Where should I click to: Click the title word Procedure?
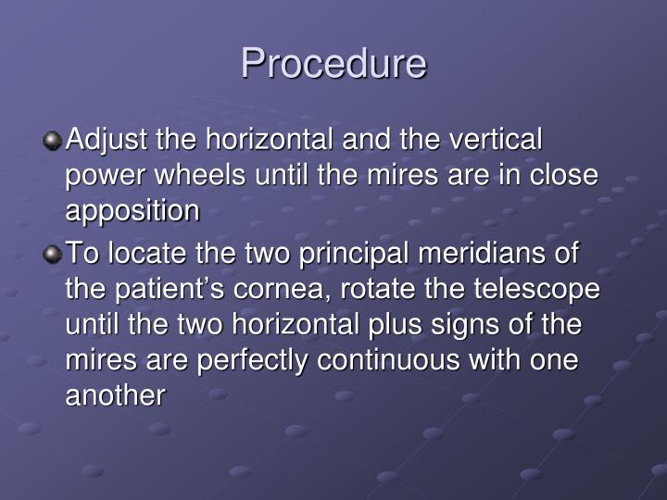coord(333,64)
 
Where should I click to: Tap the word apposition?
coord(132,212)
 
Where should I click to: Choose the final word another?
coord(116,395)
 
